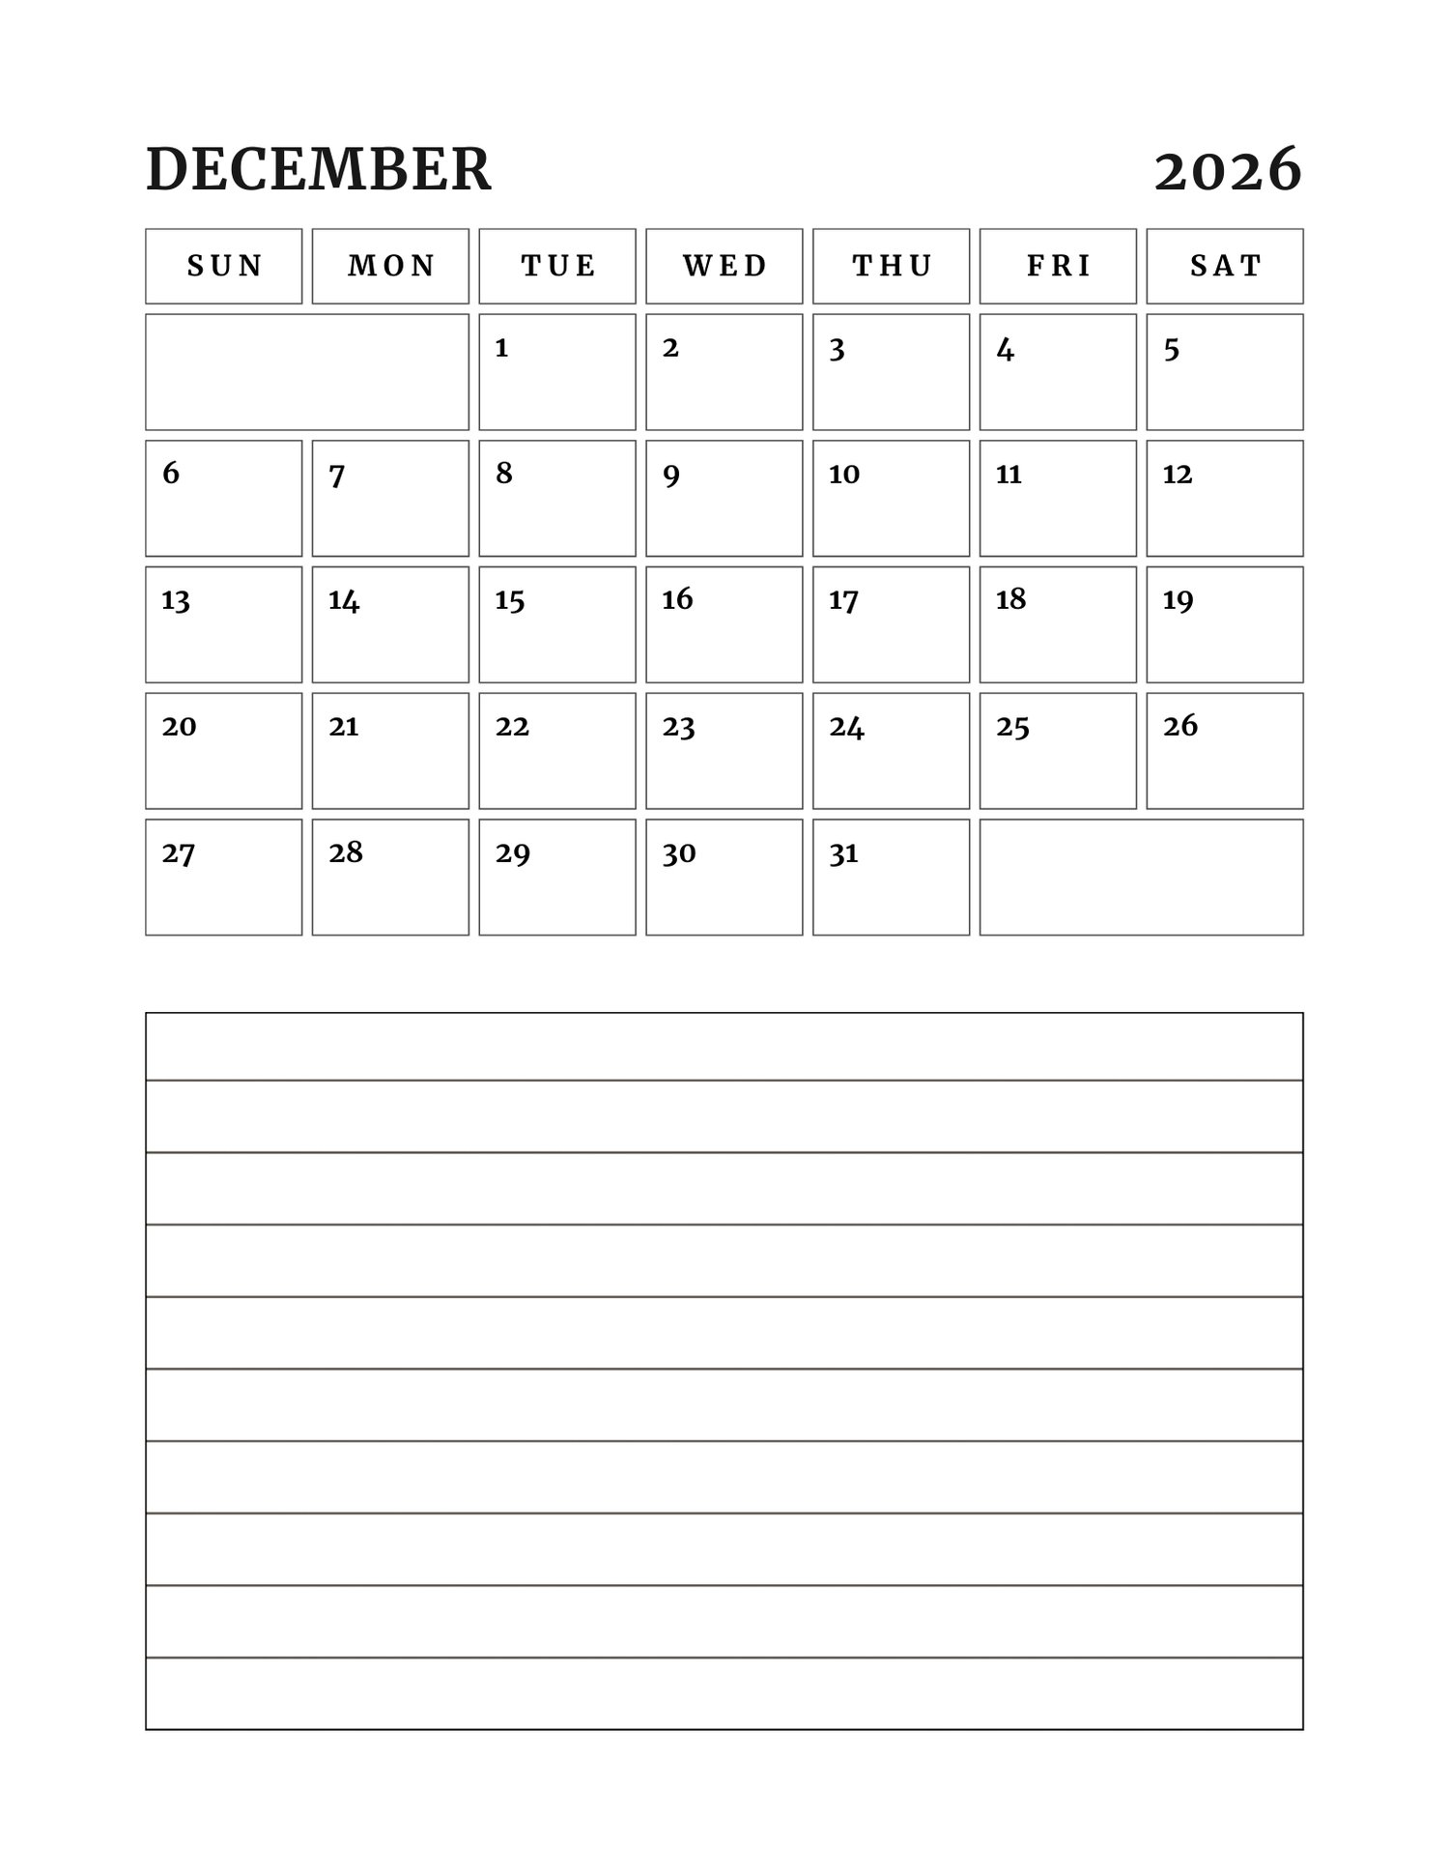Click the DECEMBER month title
[x=319, y=170]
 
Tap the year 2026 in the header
[x=1228, y=171]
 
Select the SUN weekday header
[x=224, y=266]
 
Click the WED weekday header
[x=724, y=266]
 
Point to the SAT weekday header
[x=1225, y=266]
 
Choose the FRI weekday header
[x=1058, y=266]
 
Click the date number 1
[x=501, y=348]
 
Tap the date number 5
[x=1171, y=349]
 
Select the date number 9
[x=671, y=476]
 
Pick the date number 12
[x=1177, y=475]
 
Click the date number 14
[x=344, y=601]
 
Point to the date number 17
[x=843, y=601]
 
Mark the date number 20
[x=179, y=727]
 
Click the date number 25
[x=1012, y=727]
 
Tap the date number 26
[x=1179, y=726]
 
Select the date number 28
[x=346, y=852]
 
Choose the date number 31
[x=843, y=853]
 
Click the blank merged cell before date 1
[x=307, y=372]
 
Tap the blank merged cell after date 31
[x=1141, y=878]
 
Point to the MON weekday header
[x=391, y=266]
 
